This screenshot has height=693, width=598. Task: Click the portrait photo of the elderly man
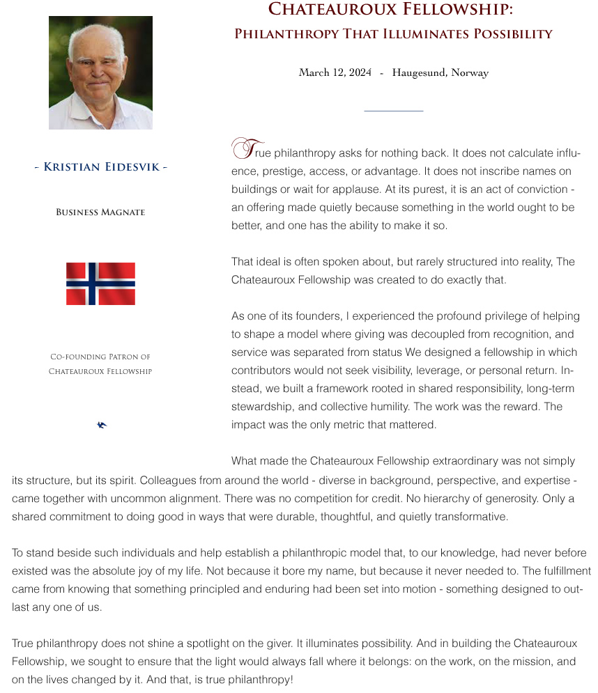(x=100, y=72)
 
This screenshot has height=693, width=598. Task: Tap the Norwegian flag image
(x=100, y=283)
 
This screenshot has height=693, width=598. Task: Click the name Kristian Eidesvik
(x=101, y=167)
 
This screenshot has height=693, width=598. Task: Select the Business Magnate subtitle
(x=100, y=212)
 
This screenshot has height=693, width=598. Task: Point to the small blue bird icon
(x=102, y=425)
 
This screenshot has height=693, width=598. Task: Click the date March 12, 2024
(x=335, y=72)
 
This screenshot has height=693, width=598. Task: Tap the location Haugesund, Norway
(x=440, y=72)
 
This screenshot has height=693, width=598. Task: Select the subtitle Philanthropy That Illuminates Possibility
(x=393, y=33)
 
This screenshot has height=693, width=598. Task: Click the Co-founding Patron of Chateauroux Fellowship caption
(x=100, y=364)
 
